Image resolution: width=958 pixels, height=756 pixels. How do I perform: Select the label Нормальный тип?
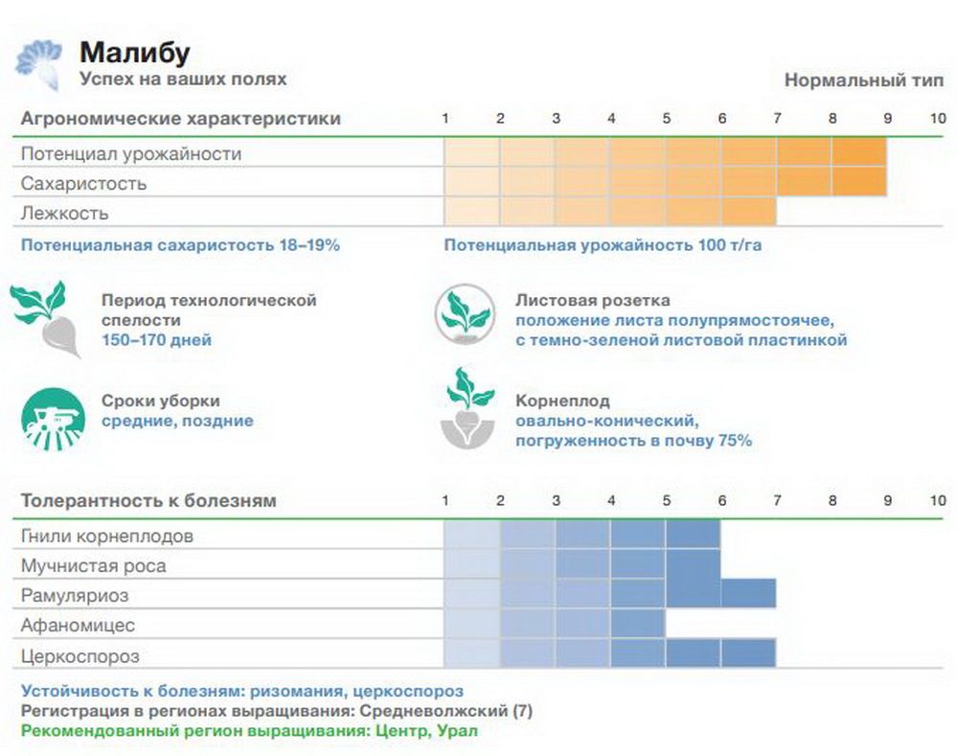pyautogui.click(x=858, y=80)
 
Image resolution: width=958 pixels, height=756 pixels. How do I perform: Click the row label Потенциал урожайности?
pyautogui.click(x=131, y=153)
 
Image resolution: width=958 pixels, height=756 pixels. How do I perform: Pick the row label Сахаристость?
pyautogui.click(x=83, y=183)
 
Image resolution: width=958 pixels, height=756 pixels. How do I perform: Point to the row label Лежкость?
pyautogui.click(x=65, y=213)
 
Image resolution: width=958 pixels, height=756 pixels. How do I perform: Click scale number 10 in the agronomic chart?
pyautogui.click(x=937, y=119)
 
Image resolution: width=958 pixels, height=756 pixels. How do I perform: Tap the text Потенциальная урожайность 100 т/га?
pyautogui.click(x=603, y=245)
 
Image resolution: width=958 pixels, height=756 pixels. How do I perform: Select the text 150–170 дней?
pyautogui.click(x=157, y=339)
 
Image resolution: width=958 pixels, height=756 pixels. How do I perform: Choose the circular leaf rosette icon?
pyautogui.click(x=465, y=314)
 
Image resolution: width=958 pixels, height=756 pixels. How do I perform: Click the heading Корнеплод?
pyautogui.click(x=562, y=401)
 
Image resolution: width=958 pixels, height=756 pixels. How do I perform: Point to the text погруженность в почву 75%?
pyautogui.click(x=633, y=441)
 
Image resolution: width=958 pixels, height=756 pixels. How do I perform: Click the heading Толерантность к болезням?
pyautogui.click(x=148, y=500)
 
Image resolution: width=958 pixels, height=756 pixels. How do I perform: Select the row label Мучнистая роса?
pyautogui.click(x=93, y=565)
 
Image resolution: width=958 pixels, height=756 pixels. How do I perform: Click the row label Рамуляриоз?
pyautogui.click(x=75, y=596)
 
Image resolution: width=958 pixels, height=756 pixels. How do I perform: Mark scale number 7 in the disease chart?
pyautogui.click(x=777, y=500)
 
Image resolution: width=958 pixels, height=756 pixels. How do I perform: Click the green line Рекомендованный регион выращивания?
pyautogui.click(x=248, y=730)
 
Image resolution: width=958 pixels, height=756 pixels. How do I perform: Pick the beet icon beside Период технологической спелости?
pyautogui.click(x=48, y=319)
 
